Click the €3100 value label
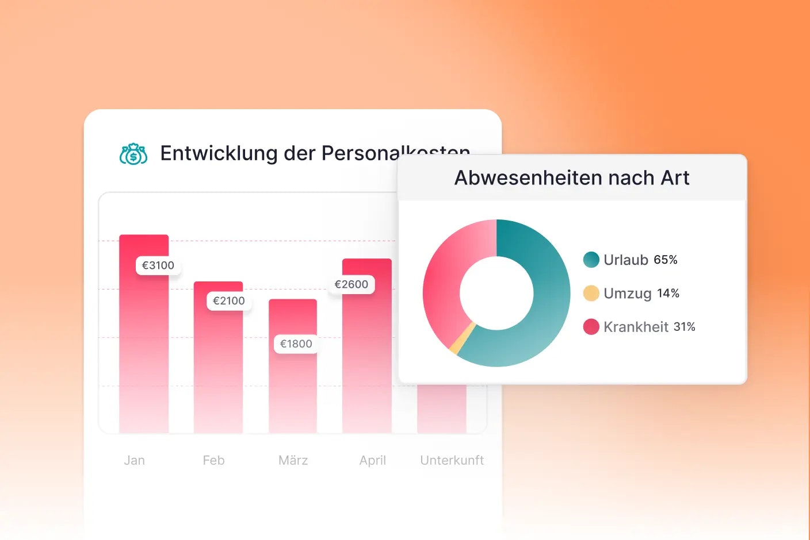[158, 265]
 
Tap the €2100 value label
[229, 301]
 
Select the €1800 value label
[296, 344]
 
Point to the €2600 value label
[351, 284]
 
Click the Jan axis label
[135, 460]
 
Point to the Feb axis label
[213, 460]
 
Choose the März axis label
[293, 460]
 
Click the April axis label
[373, 460]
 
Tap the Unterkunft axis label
[452, 460]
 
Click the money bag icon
[133, 154]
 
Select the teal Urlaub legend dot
[591, 260]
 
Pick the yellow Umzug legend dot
[591, 293]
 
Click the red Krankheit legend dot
[591, 327]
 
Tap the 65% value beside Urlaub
[666, 260]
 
